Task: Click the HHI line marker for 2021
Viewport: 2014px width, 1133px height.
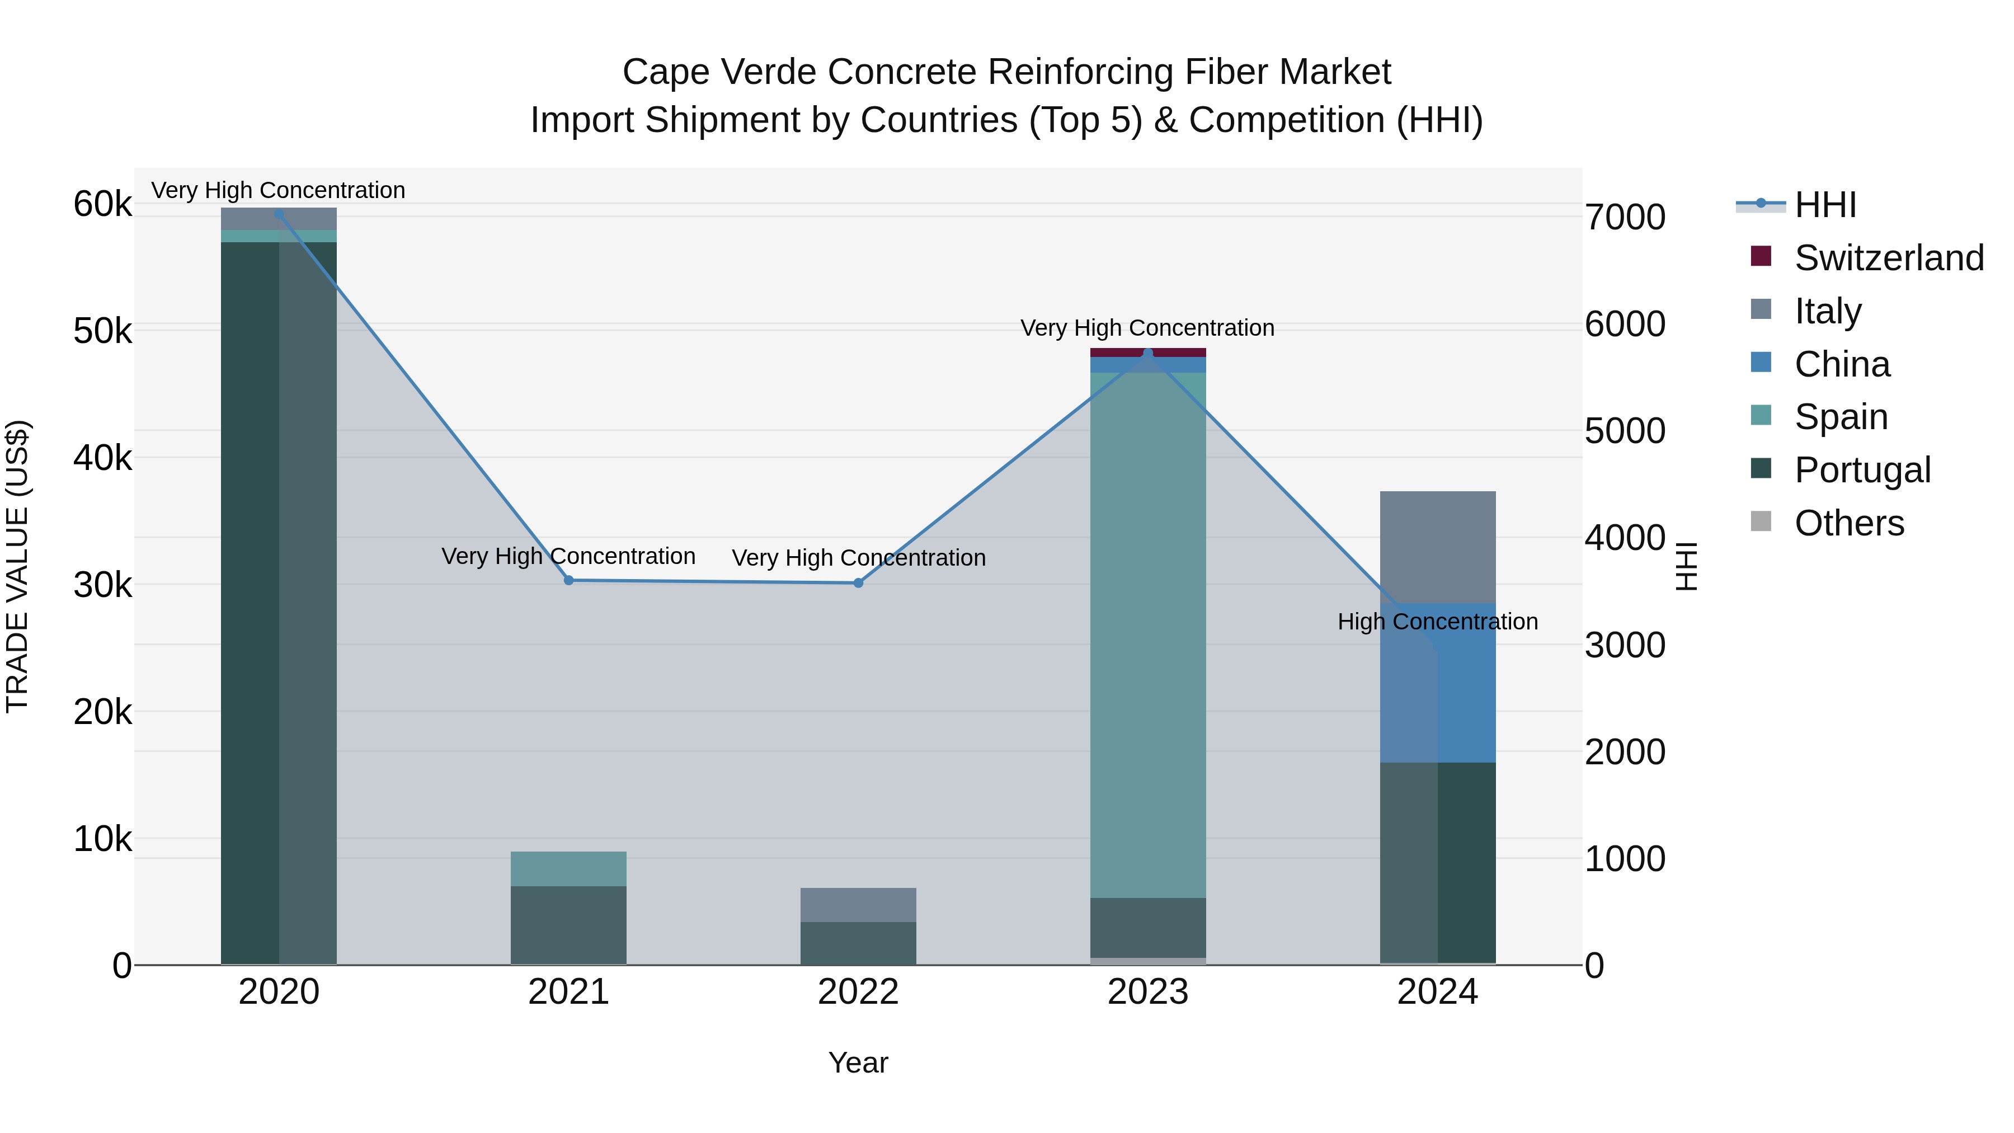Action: click(568, 580)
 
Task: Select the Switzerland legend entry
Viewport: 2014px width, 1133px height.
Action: click(1888, 258)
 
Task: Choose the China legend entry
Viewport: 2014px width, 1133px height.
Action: click(1842, 364)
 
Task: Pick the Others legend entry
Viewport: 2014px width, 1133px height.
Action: click(1849, 523)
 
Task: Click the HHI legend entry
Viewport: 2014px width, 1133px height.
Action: click(1825, 205)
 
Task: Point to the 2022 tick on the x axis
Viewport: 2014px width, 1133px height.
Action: click(858, 992)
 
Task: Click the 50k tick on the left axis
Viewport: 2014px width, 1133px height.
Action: click(102, 332)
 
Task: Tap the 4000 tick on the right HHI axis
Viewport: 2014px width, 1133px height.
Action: click(1625, 538)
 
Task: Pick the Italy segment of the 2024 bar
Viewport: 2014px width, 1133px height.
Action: click(1437, 547)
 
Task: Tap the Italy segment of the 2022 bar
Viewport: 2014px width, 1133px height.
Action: click(858, 905)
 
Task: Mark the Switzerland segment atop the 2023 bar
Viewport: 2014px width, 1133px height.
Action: click(1148, 352)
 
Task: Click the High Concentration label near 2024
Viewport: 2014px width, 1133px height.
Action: click(1437, 622)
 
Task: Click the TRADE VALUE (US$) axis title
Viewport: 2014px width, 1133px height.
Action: click(17, 566)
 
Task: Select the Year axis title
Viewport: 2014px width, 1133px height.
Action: click(858, 1063)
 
